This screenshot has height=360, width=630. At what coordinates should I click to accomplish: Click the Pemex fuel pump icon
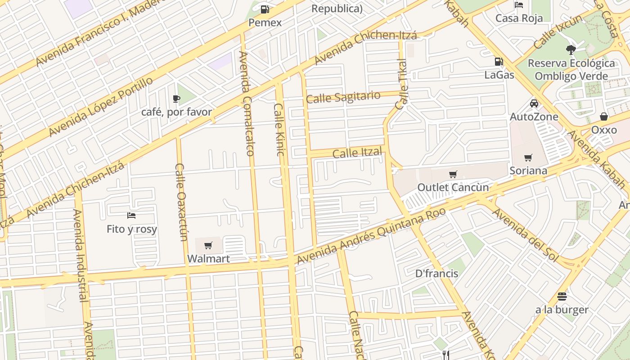tap(265, 9)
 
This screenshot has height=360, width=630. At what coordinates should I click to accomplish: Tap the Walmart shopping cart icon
tap(208, 245)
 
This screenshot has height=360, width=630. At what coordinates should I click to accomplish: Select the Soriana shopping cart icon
tap(528, 157)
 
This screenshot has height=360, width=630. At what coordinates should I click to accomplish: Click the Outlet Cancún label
tap(453, 187)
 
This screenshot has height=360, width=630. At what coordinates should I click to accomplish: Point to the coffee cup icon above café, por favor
tap(176, 99)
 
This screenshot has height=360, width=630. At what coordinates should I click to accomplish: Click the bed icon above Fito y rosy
tap(131, 216)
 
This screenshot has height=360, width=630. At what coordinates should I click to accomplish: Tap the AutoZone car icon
tap(534, 103)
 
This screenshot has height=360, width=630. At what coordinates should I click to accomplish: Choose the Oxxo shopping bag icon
tap(604, 117)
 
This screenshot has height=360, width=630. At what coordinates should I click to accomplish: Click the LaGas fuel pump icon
tap(499, 62)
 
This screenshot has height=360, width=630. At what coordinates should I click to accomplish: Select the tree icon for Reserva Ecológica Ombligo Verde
tap(571, 49)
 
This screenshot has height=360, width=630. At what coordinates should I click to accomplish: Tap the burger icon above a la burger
tap(562, 297)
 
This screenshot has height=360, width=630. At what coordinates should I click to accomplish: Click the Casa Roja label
tap(519, 18)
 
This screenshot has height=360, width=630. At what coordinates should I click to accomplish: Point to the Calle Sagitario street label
tap(343, 97)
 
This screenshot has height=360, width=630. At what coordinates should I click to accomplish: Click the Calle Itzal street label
tap(357, 153)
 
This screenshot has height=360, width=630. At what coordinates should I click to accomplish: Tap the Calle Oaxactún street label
tap(181, 202)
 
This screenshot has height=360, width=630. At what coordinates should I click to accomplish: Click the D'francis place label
tap(436, 274)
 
